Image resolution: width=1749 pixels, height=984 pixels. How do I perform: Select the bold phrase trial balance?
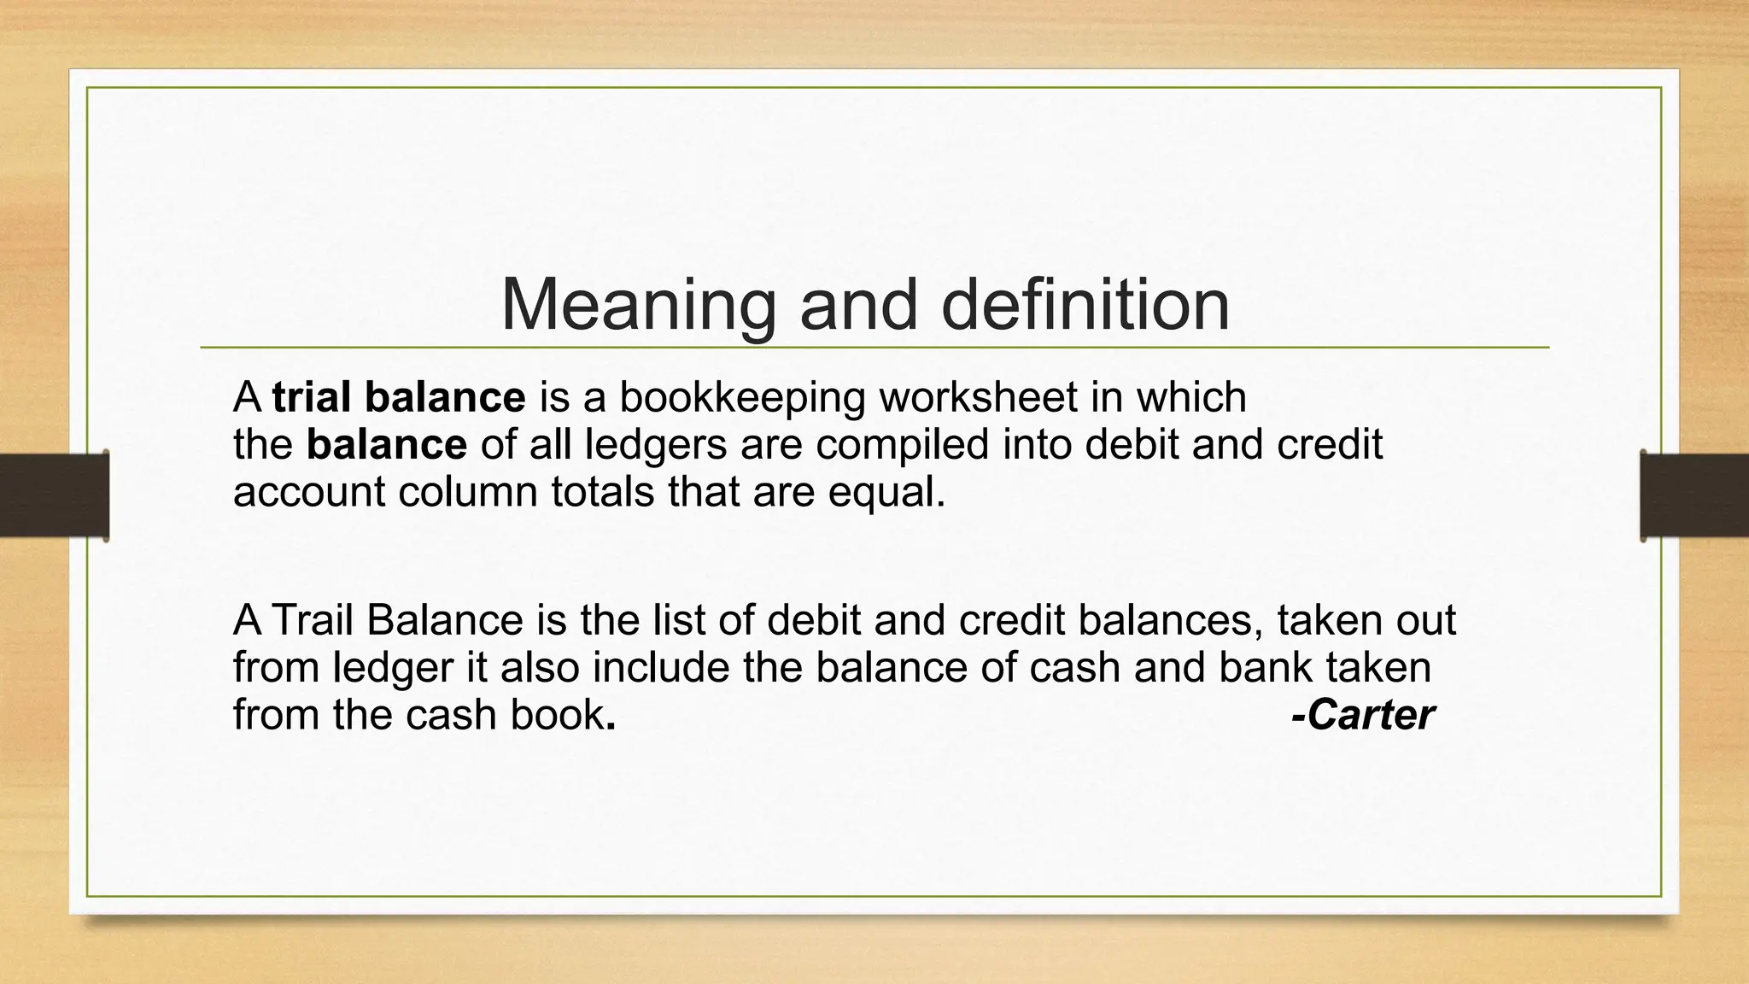coord(399,397)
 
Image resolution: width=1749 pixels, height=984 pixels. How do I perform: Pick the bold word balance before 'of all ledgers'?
coord(387,445)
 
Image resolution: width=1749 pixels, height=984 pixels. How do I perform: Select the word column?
coord(468,493)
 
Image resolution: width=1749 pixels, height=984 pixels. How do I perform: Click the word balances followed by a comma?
coord(1169,620)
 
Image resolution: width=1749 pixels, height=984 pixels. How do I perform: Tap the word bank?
coord(1264,667)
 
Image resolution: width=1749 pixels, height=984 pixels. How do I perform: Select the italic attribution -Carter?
coord(1362,715)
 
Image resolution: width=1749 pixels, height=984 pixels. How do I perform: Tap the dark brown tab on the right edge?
coord(1694,495)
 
